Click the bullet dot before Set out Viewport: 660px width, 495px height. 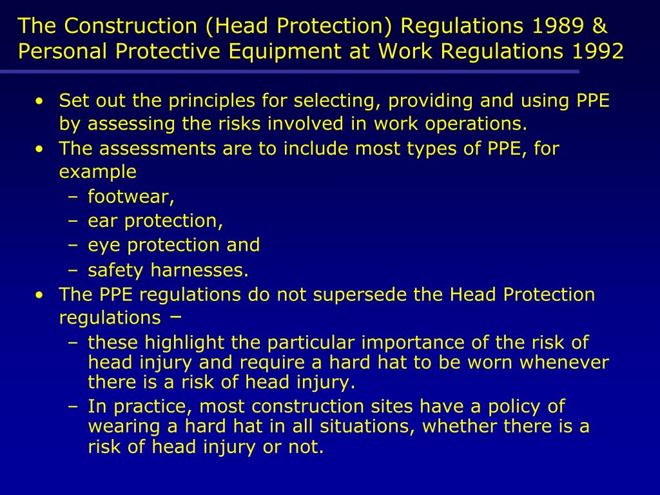pyautogui.click(x=41, y=102)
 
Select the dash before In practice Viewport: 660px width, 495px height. pyautogui.click(x=72, y=407)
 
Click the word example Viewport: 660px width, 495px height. pyautogui.click(x=97, y=172)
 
